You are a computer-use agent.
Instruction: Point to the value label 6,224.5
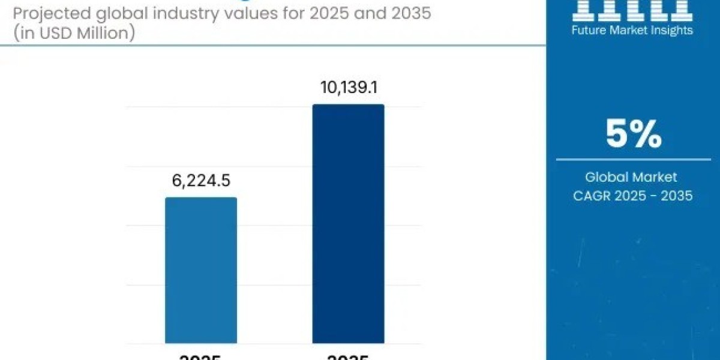click(x=201, y=181)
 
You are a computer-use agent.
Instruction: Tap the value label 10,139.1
click(x=348, y=88)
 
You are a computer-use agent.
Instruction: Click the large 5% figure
click(x=633, y=134)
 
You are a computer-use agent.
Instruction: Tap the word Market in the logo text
click(x=628, y=30)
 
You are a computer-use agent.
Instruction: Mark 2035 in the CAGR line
click(x=674, y=195)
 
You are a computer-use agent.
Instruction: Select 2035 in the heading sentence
click(x=407, y=13)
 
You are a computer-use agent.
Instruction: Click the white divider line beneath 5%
click(x=633, y=160)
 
